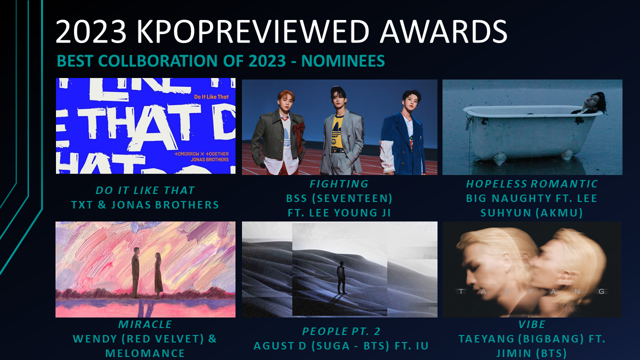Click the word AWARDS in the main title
(443, 31)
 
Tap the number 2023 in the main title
(91, 31)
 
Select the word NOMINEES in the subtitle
(343, 60)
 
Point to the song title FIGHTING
(339, 183)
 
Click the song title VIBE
(532, 324)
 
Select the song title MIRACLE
(145, 324)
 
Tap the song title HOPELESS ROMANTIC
(532, 183)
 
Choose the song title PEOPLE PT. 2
(341, 331)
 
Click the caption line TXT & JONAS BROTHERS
(145, 205)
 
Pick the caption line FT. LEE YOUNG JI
(339, 213)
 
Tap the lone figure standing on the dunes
(341, 277)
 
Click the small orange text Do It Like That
(211, 97)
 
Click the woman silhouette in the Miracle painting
(158, 275)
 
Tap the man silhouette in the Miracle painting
(135, 273)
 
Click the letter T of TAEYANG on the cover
(460, 291)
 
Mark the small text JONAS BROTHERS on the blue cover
(209, 159)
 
